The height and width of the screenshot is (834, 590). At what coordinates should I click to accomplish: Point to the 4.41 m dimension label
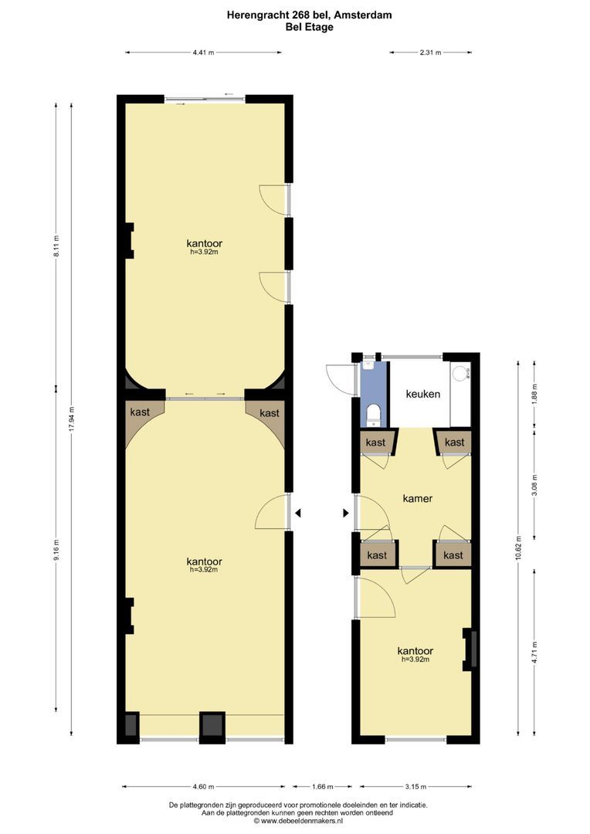[203, 53]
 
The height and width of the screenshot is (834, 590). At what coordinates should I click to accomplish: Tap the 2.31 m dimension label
[430, 53]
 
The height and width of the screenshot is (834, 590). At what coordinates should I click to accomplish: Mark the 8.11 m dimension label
[56, 250]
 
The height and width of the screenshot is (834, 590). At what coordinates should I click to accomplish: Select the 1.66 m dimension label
[322, 787]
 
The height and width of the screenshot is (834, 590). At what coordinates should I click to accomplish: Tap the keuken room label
[423, 394]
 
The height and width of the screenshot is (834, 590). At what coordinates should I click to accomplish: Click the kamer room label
[417, 498]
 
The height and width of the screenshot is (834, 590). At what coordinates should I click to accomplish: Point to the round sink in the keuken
[460, 374]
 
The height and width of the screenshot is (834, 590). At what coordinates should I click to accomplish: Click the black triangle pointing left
[297, 513]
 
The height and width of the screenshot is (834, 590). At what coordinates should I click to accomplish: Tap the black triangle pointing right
[345, 513]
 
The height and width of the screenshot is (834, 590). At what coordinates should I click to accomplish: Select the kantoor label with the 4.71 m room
[415, 650]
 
